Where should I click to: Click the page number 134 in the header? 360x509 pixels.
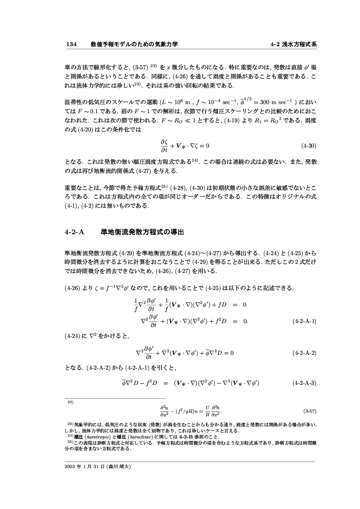[71, 44]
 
